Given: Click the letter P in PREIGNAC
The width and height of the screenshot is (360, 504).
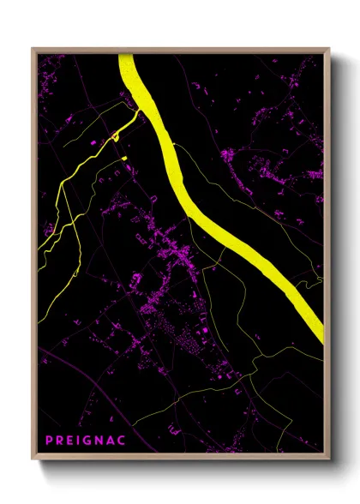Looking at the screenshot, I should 49,441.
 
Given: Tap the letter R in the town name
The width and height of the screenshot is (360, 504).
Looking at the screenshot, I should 59,441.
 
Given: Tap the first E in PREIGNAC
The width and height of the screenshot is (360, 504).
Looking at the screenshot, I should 69,441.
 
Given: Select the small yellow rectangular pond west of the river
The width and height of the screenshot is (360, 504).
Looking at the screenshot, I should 123,158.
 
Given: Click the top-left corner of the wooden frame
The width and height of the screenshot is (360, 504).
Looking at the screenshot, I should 33,49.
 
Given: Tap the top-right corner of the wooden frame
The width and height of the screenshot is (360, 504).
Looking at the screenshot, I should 329,49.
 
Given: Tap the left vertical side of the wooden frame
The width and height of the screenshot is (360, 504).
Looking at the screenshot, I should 34,257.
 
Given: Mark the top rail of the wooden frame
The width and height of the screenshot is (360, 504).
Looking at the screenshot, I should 180,50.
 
